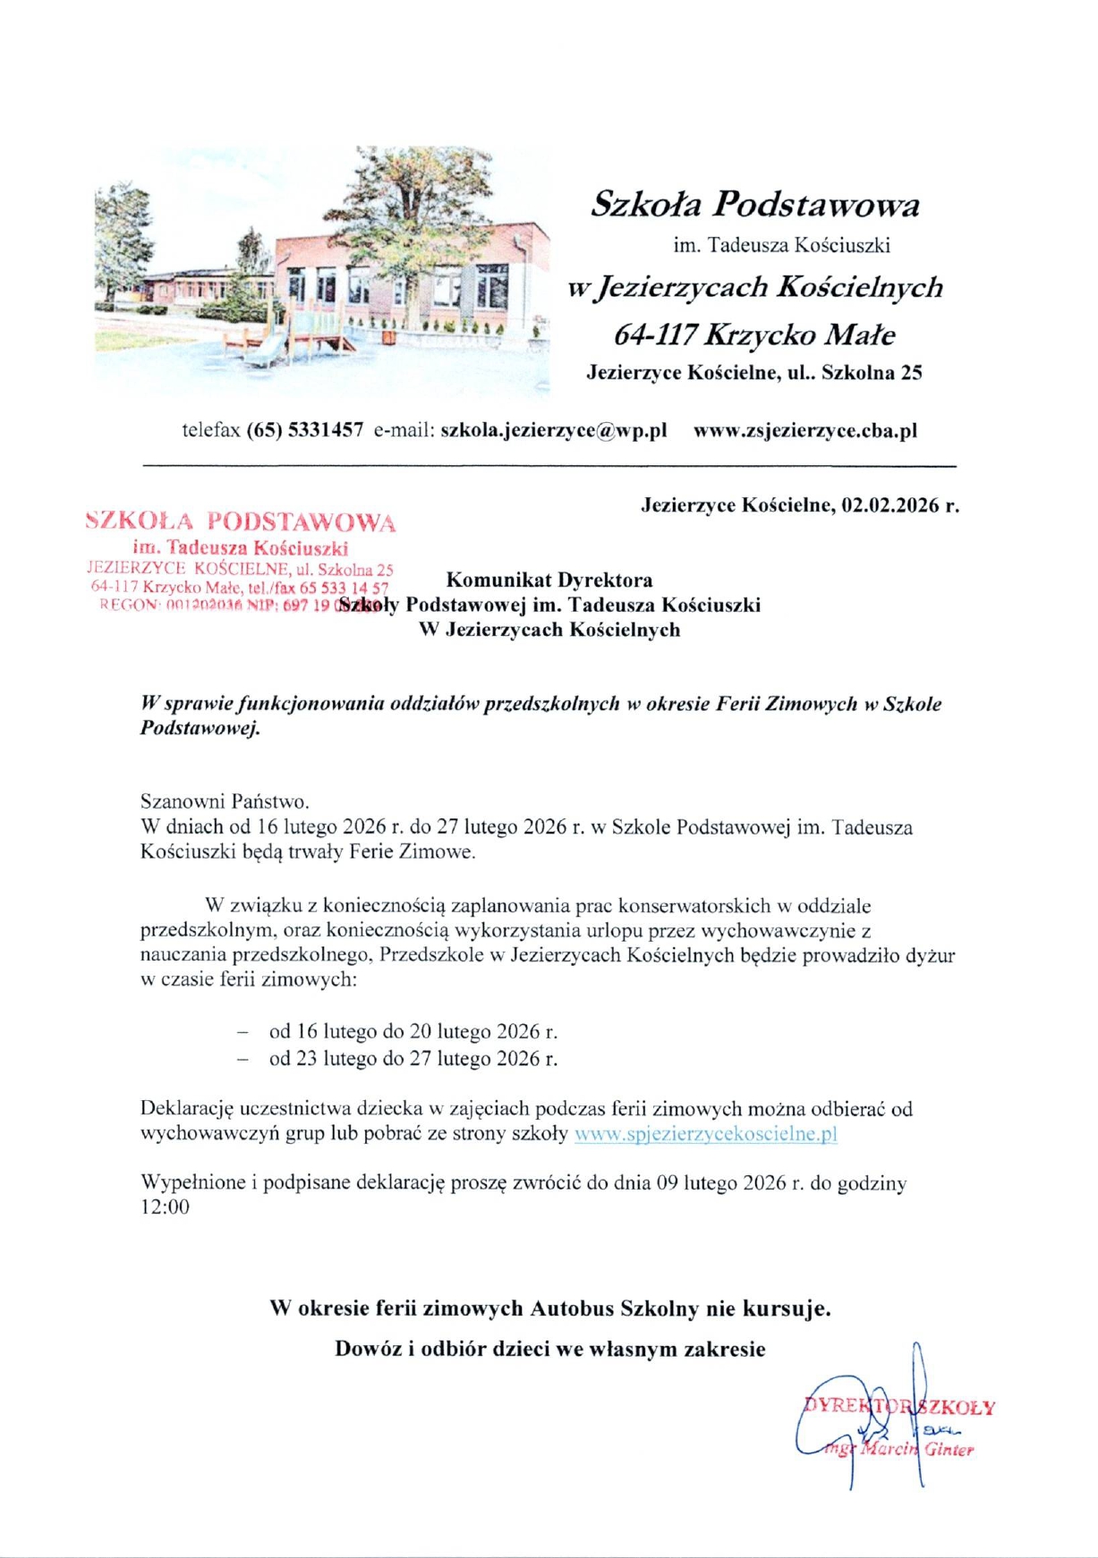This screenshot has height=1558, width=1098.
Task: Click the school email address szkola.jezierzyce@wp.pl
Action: pyautogui.click(x=554, y=430)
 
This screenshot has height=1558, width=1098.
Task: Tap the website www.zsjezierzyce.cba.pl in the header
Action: pyautogui.click(x=805, y=430)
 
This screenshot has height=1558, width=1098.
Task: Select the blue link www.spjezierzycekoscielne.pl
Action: pyautogui.click(x=705, y=1134)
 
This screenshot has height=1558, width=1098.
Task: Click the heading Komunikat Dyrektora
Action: pyautogui.click(x=549, y=580)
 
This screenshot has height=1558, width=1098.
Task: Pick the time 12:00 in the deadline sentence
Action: pyautogui.click(x=166, y=1207)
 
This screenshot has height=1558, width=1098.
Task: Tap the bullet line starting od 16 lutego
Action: pyautogui.click(x=413, y=1031)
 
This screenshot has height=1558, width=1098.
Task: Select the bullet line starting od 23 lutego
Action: pyautogui.click(x=413, y=1059)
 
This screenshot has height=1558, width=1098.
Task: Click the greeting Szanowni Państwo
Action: pyautogui.click(x=225, y=801)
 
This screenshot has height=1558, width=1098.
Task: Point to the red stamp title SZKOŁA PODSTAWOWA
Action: pyautogui.click(x=241, y=521)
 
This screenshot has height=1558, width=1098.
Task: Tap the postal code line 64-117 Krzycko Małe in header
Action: pyautogui.click(x=754, y=335)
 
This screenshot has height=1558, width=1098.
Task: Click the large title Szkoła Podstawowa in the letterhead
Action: pyautogui.click(x=754, y=206)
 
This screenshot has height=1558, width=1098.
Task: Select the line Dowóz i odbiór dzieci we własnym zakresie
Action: pyautogui.click(x=549, y=1349)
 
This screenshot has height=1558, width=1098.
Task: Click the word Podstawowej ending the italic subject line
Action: pyautogui.click(x=200, y=728)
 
